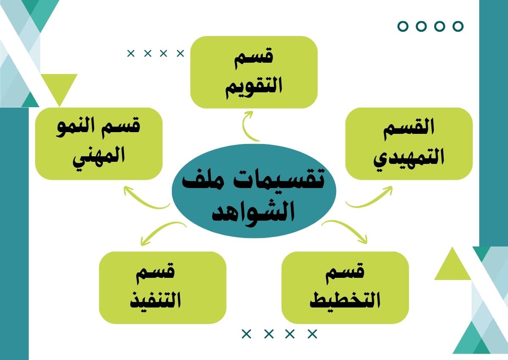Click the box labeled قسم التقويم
tap(254, 72)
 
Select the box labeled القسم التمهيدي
tap(409, 144)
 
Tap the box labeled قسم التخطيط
tap(345, 288)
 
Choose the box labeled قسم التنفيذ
tap(163, 288)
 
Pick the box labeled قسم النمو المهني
tap(99, 144)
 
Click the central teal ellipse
tap(254, 191)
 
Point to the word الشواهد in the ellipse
tap(253, 213)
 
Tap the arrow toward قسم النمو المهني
tap(143, 201)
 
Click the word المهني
tap(99, 157)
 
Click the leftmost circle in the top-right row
tap(403, 26)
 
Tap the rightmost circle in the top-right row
tap(458, 26)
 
